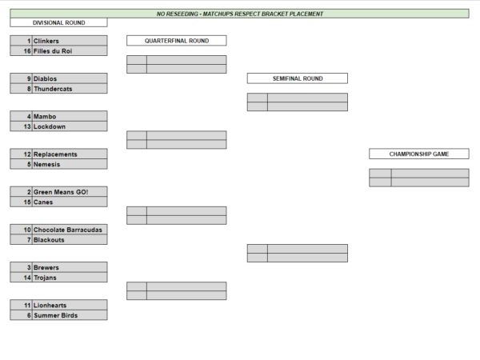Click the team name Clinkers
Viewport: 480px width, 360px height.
click(46, 41)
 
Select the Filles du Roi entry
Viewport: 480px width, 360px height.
click(53, 51)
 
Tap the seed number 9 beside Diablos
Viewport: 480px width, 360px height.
click(29, 78)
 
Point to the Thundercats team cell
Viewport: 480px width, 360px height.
click(53, 89)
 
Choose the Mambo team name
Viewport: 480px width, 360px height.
click(45, 116)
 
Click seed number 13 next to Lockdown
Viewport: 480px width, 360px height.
click(27, 126)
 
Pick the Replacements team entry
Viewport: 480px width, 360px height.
click(55, 154)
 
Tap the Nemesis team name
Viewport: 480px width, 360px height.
click(46, 164)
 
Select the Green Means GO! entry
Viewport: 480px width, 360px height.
click(61, 192)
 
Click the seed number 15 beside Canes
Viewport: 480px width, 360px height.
click(27, 202)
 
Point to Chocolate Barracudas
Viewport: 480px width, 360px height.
click(68, 230)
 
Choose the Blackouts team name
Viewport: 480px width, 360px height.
click(49, 240)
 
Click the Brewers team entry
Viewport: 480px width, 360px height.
click(46, 267)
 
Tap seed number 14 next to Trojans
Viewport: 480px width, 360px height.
click(27, 278)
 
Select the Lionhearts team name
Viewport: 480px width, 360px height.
click(50, 306)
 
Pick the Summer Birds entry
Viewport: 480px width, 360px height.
click(55, 315)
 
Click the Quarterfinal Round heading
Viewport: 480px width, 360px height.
click(177, 41)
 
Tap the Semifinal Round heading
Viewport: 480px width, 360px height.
click(298, 78)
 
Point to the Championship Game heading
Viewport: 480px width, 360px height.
click(419, 154)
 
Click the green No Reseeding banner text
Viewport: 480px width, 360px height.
click(240, 14)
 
